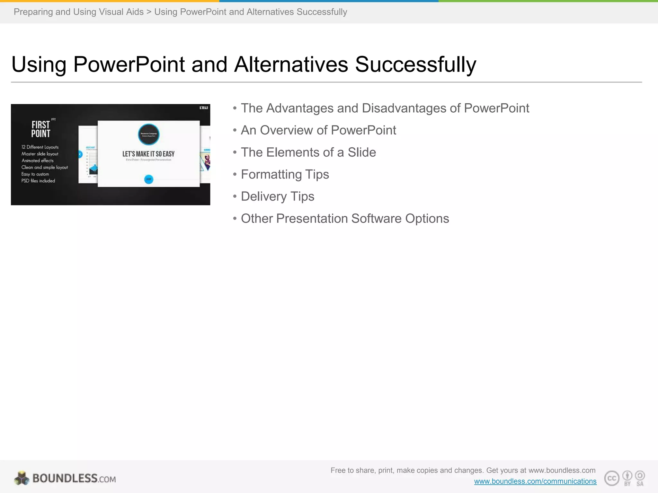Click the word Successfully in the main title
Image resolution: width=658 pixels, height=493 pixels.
pos(415,65)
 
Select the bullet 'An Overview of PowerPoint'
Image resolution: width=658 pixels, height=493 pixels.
pos(318,130)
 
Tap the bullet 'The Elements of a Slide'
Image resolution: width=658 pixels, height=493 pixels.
pos(308,152)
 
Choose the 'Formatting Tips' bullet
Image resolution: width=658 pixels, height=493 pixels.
pos(285,175)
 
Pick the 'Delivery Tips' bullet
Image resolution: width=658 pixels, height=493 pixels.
pos(277,196)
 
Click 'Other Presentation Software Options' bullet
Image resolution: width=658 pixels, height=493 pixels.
pos(345,219)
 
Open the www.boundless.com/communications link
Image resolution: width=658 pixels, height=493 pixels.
pos(535,481)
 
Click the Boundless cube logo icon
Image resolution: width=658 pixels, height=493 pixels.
pos(22,478)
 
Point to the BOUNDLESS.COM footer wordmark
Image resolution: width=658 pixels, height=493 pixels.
pos(74,479)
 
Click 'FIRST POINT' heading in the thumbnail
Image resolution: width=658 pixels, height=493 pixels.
pos(41,129)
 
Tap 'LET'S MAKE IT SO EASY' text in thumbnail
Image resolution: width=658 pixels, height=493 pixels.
pos(148,154)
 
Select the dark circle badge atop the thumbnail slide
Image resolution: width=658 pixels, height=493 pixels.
pos(148,134)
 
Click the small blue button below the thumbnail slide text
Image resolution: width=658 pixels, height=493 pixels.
pos(148,179)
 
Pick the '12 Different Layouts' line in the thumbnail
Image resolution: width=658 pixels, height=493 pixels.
pos(40,147)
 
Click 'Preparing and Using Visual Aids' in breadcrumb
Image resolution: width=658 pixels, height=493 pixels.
pos(78,12)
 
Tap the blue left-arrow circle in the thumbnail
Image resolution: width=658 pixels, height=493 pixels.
pos(80,154)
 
